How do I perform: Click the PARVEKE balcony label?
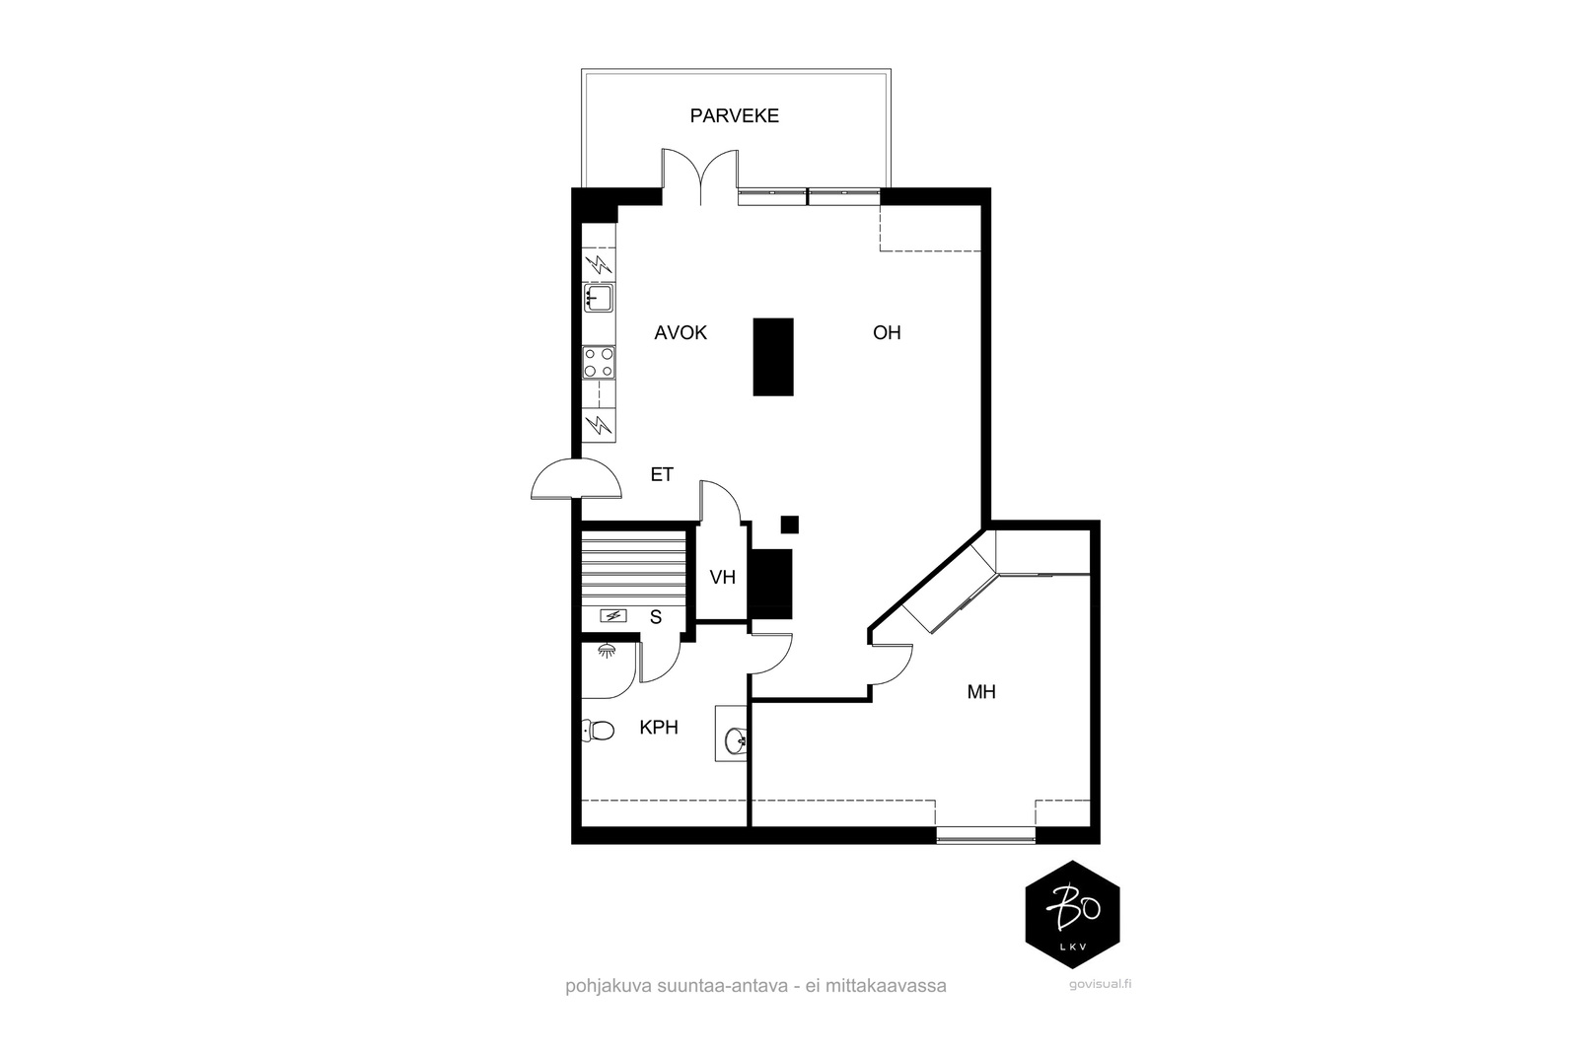point(734,115)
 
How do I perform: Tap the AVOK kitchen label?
point(681,332)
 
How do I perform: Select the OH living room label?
point(887,332)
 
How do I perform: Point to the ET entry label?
point(662,474)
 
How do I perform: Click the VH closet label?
point(723,578)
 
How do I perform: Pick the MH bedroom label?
point(981,692)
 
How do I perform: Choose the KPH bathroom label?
point(659,728)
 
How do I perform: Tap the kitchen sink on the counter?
point(598,298)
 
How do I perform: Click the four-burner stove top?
point(599,363)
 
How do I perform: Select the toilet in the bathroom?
point(598,731)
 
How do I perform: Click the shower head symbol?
point(606,650)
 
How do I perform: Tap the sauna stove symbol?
point(613,616)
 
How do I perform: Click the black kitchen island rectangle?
point(773,357)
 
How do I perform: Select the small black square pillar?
point(790,525)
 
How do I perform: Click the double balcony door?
point(700,176)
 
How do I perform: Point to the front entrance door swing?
point(577,479)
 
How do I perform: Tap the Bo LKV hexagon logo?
point(1072,914)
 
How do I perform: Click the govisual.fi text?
point(1100,984)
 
